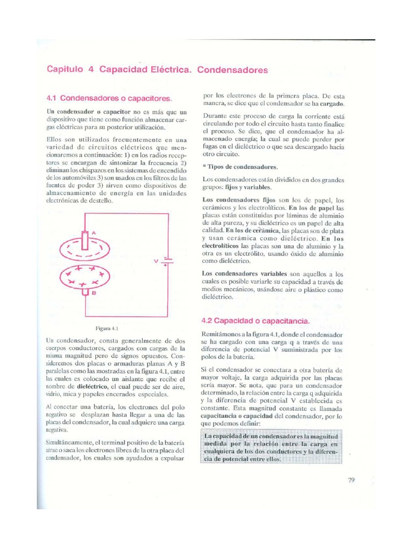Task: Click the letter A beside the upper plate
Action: click(x=94, y=233)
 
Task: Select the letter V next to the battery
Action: click(x=156, y=261)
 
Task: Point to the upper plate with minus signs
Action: click(x=85, y=250)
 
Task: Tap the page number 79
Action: click(x=351, y=480)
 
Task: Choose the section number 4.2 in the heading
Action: click(x=208, y=320)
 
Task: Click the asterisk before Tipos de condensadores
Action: click(x=204, y=167)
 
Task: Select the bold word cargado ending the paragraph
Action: click(x=332, y=103)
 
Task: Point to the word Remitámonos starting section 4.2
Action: click(x=220, y=333)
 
